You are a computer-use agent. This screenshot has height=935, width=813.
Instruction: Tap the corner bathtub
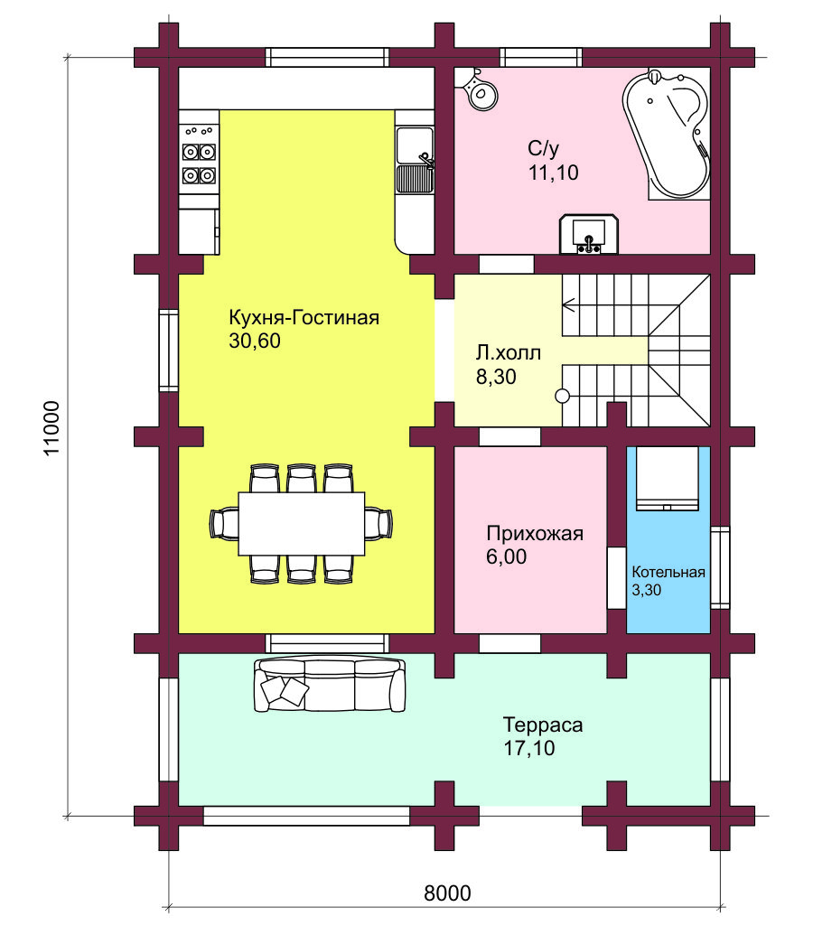click(667, 135)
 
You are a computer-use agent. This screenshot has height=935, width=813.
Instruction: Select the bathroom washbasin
click(589, 234)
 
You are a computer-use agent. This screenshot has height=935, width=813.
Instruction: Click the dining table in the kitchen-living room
click(301, 523)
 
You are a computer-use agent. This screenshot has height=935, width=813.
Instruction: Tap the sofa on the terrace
click(330, 684)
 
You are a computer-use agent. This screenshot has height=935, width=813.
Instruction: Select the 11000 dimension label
click(52, 427)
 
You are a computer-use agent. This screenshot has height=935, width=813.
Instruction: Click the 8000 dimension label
click(447, 893)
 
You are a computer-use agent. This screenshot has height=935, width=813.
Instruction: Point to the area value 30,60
click(255, 341)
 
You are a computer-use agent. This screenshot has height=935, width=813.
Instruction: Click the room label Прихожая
click(535, 533)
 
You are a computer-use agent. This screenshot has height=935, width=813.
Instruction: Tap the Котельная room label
click(668, 573)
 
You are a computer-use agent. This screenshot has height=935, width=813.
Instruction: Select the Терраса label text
click(543, 725)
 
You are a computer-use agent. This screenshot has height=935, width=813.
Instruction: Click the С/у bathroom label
click(544, 148)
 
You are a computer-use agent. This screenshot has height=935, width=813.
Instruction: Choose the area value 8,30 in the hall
click(496, 377)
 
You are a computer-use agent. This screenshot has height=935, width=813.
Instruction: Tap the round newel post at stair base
click(562, 396)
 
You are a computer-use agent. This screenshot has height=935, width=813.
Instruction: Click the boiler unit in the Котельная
click(667, 478)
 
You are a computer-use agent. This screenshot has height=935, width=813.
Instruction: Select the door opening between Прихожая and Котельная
click(617, 577)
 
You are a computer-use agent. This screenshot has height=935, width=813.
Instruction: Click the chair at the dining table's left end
click(224, 523)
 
